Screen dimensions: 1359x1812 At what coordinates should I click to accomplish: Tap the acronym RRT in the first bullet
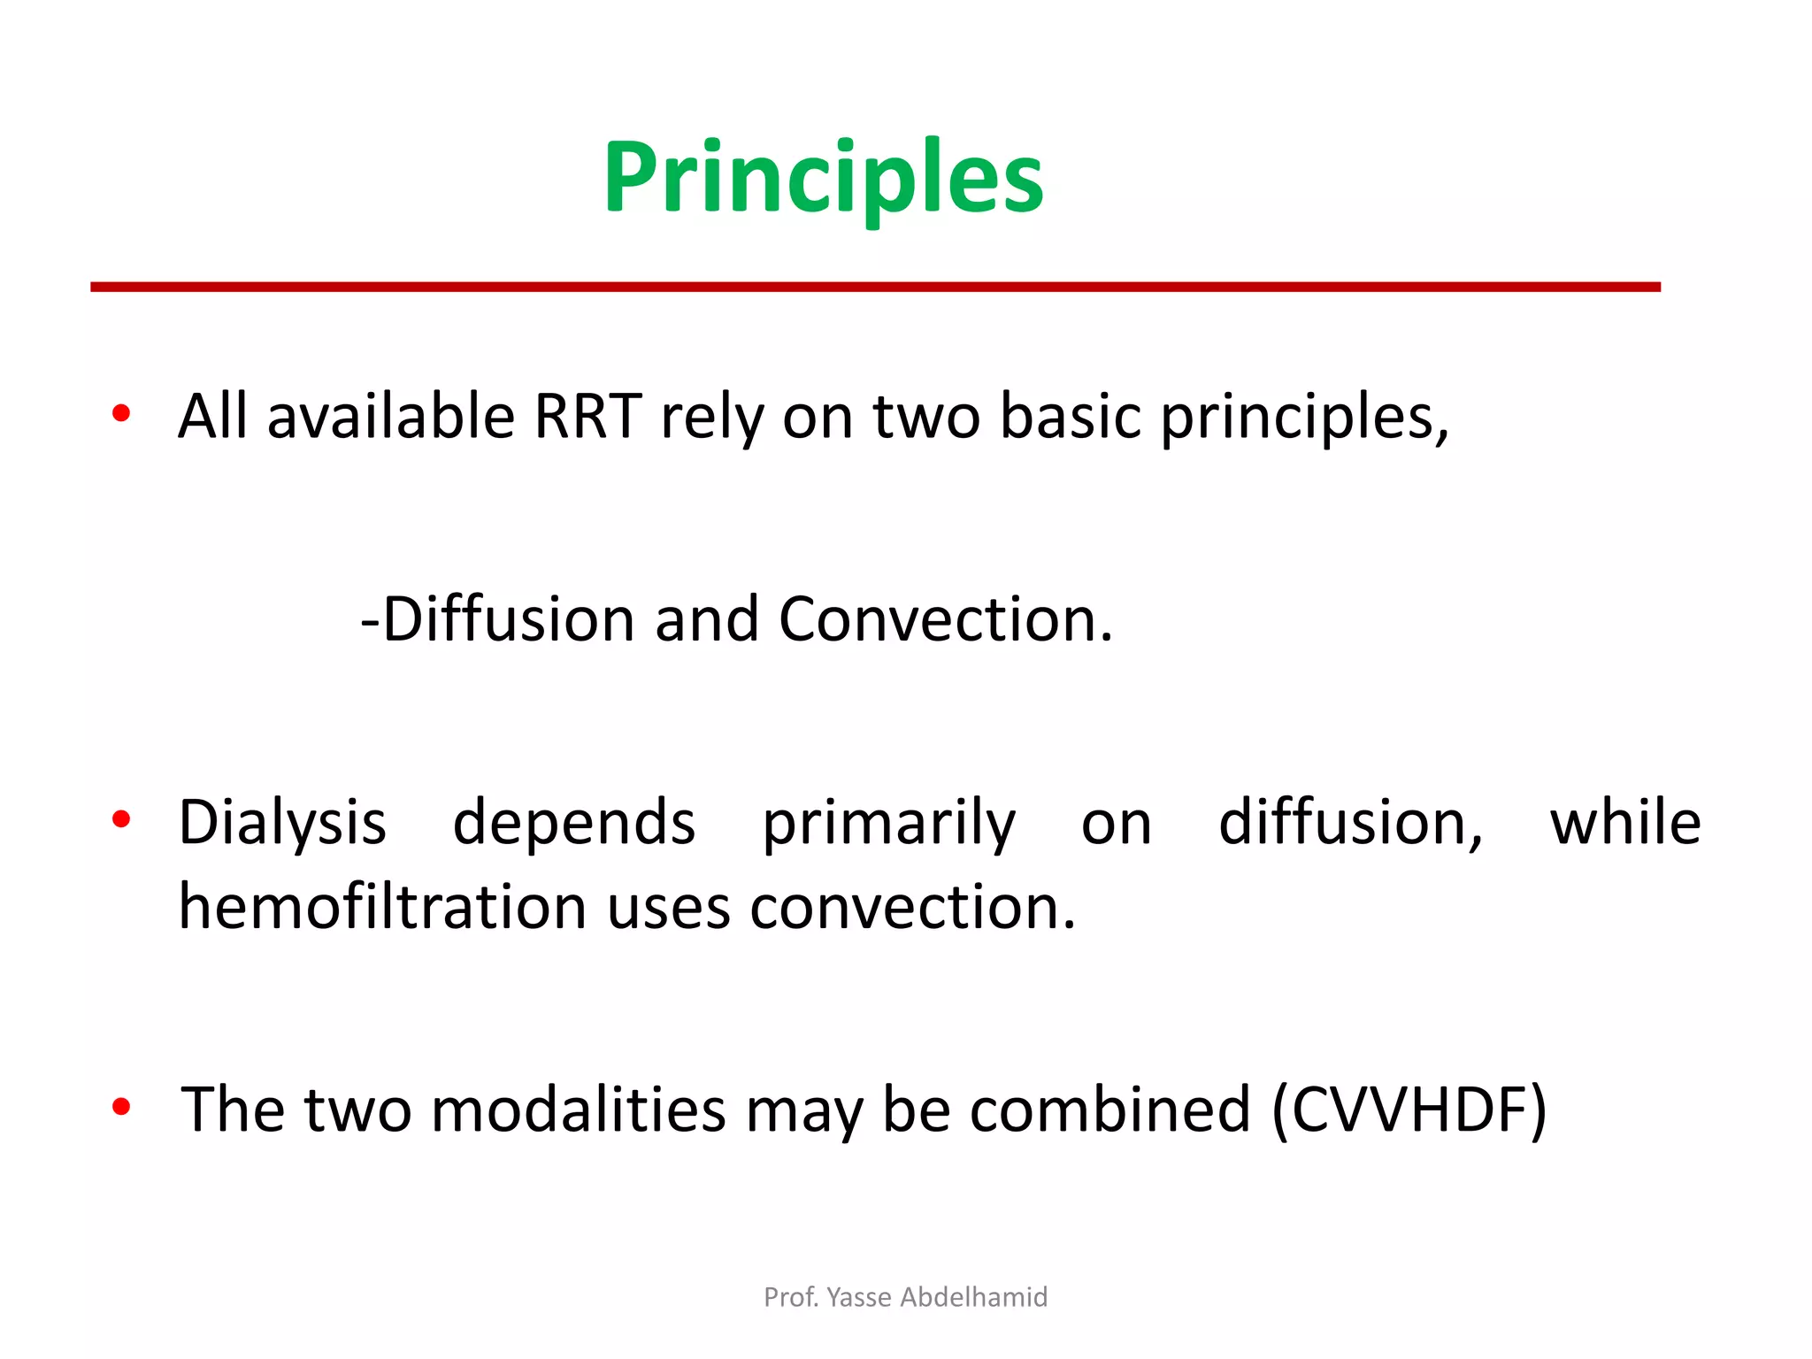point(587,416)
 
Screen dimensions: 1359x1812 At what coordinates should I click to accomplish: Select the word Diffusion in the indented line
point(509,618)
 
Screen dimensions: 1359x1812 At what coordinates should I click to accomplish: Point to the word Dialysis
point(282,823)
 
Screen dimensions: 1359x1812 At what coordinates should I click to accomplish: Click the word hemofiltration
point(382,908)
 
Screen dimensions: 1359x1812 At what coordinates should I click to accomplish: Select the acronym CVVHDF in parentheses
point(1409,1109)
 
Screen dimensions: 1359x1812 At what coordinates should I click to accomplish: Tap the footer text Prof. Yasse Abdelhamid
point(905,1297)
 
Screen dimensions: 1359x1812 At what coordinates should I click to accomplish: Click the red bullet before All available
point(122,413)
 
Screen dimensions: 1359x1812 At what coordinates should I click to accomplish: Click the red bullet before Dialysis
point(122,820)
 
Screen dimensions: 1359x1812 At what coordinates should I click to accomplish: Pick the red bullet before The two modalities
point(122,1106)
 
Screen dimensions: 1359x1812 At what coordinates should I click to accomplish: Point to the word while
point(1624,823)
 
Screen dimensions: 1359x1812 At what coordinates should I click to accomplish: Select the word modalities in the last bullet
point(578,1109)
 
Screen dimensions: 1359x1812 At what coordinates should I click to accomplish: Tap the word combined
point(1109,1109)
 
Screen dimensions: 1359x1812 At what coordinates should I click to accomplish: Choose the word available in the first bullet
point(390,416)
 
